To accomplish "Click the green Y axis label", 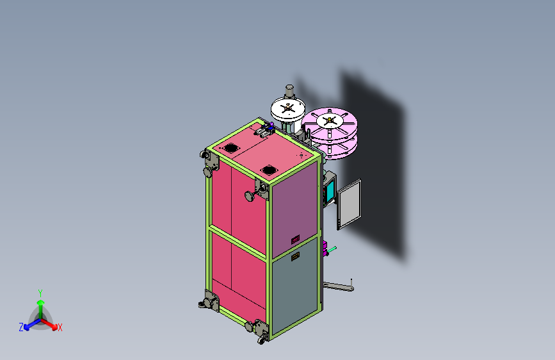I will coord(40,292).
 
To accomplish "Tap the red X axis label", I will coord(60,327).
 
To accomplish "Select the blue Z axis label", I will coord(20,327).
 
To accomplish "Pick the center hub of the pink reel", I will coord(330,120).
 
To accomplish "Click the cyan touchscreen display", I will coord(331,190).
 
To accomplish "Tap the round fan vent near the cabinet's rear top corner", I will coord(225,148).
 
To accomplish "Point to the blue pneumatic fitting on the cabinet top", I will coord(271,128).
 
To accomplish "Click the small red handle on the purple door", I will coord(295,240).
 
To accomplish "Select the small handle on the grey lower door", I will coord(295,257).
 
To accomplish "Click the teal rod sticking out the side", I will coord(332,249).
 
